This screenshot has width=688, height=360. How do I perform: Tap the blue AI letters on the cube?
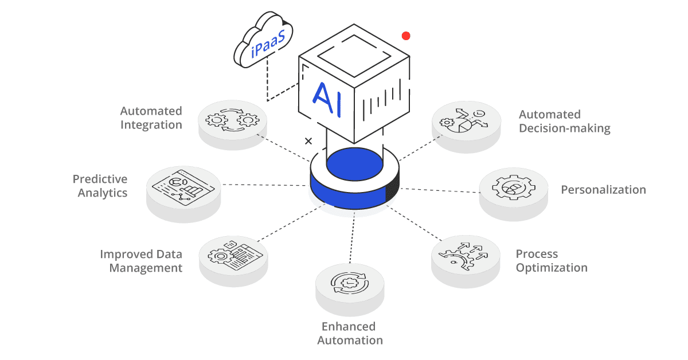coord(329,99)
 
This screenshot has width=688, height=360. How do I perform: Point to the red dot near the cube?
coord(406,36)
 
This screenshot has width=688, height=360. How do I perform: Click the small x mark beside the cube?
coord(308,141)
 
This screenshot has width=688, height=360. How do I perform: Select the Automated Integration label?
coord(151,118)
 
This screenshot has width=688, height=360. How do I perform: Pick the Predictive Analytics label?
coord(100,186)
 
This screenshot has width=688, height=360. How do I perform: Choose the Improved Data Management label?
coord(141,261)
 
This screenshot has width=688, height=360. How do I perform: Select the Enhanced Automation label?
coord(349,333)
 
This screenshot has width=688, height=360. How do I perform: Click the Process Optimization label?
coord(552,261)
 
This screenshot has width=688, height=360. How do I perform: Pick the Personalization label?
coord(603,190)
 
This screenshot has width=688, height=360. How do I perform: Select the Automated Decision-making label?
coord(565,121)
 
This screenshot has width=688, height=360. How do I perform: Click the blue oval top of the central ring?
coord(354,162)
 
